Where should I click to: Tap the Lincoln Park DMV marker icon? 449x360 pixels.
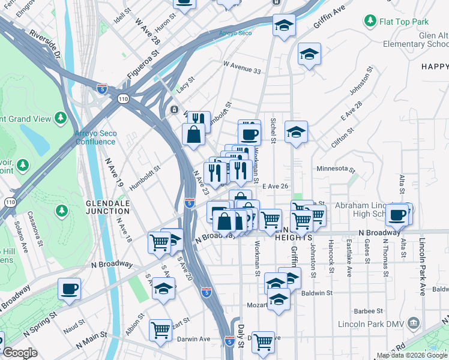(x=412, y=325)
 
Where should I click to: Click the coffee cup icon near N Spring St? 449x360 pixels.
(x=70, y=289)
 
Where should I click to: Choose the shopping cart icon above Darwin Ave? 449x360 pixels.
(x=160, y=329)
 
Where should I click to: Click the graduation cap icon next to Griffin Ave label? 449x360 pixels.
(x=284, y=25)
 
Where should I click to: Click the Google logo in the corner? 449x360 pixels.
(x=20, y=353)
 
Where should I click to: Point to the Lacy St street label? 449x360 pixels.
(x=185, y=85)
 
